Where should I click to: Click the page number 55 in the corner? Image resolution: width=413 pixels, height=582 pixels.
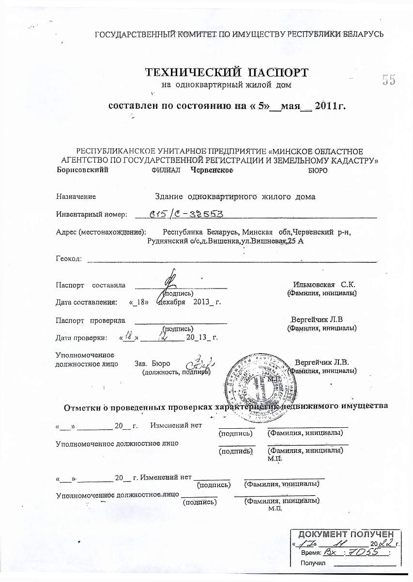click(388, 80)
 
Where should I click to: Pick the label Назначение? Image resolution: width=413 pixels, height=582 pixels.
click(76, 197)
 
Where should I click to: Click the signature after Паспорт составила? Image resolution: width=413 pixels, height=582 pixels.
click(169, 283)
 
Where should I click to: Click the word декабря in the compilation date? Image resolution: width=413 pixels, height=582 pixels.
click(171, 302)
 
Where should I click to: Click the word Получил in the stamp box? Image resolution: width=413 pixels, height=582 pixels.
click(312, 563)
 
